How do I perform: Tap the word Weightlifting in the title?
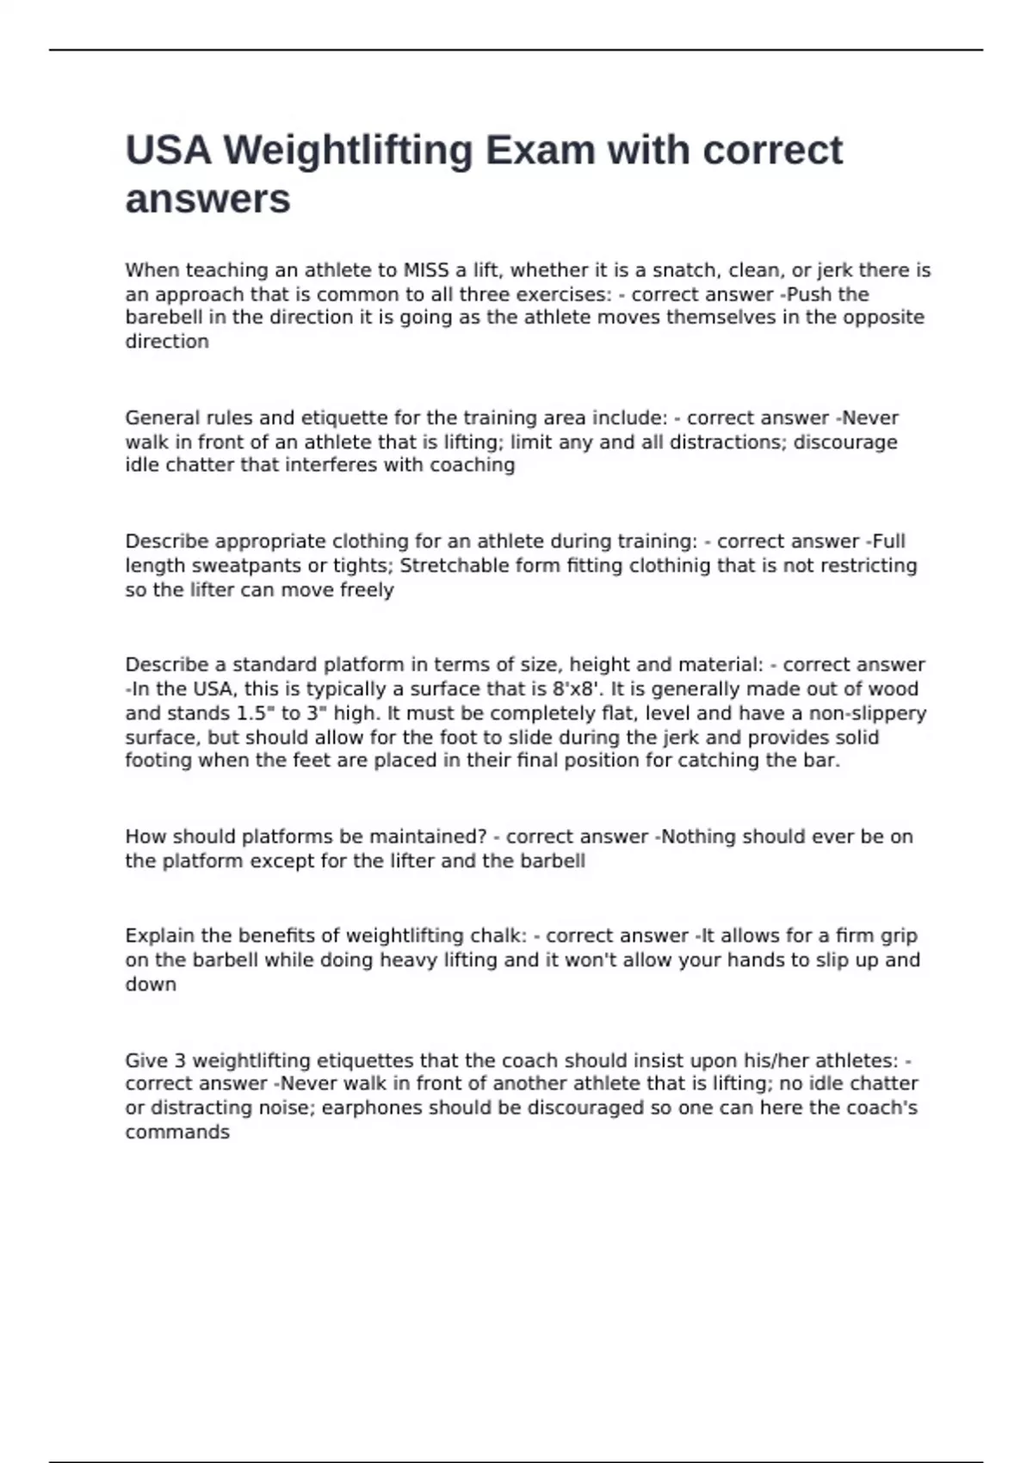348,151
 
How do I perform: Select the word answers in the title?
207,200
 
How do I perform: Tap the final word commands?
177,1132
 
